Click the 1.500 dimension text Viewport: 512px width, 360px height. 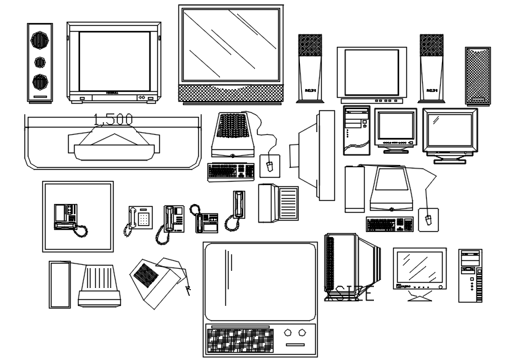coord(113,120)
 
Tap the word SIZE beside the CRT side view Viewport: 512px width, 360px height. coord(353,293)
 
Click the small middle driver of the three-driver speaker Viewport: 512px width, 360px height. coord(40,62)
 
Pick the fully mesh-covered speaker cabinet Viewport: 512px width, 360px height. coord(478,75)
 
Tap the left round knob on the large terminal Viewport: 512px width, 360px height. coord(288,333)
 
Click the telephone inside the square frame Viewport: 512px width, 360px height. coord(69,218)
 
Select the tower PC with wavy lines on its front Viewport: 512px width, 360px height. coord(356,131)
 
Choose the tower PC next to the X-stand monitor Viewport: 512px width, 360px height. coord(470,275)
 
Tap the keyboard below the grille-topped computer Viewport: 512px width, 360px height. coord(231,171)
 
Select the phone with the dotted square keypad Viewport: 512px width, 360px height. coord(141,217)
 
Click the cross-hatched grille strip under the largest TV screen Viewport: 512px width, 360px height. coord(231,92)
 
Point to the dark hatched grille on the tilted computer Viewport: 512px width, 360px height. coord(145,271)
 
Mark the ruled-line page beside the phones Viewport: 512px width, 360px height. coord(289,202)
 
